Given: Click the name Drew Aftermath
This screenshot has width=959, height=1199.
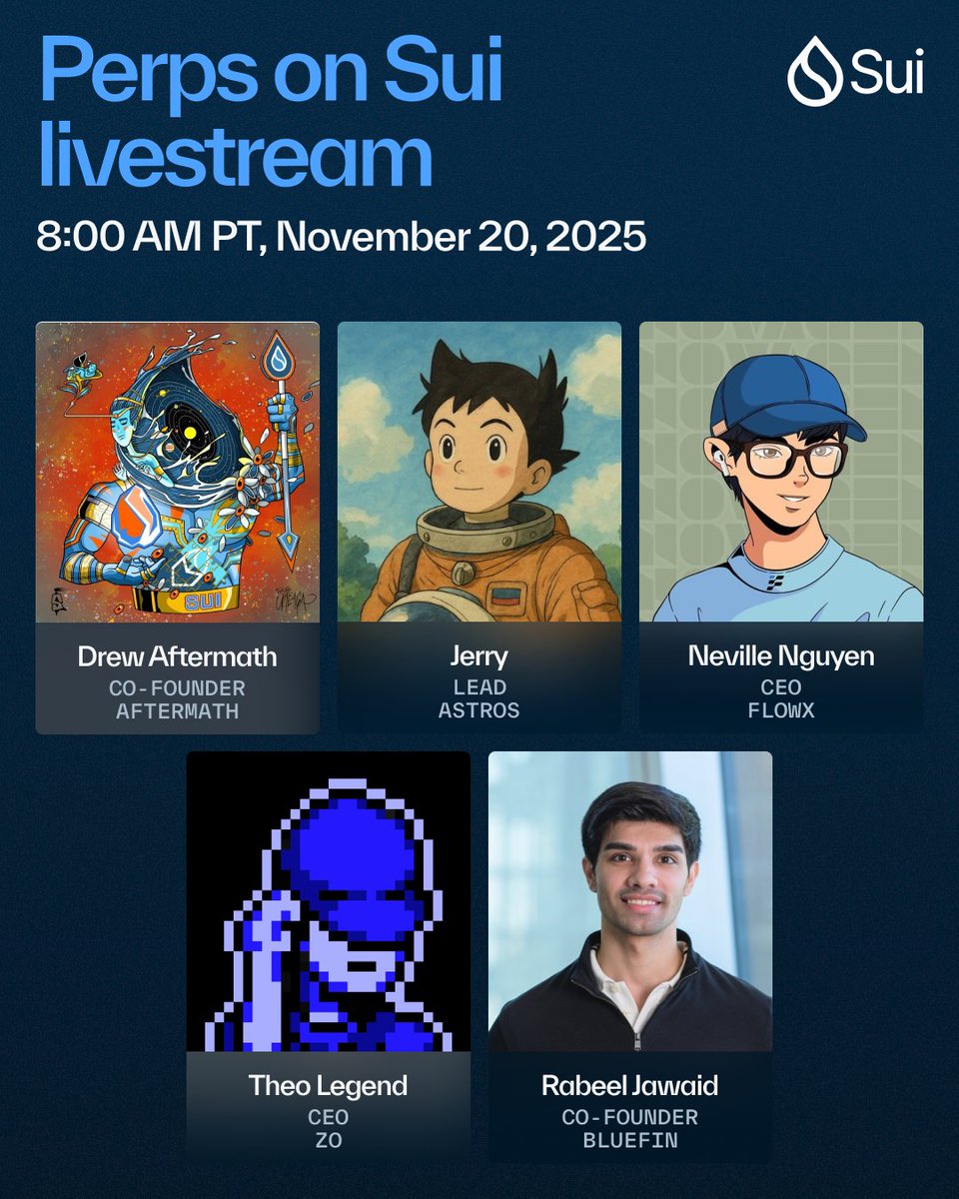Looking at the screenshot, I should [178, 656].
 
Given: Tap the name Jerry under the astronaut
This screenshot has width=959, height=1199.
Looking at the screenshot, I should [479, 656].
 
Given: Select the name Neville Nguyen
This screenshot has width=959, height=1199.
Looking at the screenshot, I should [781, 656].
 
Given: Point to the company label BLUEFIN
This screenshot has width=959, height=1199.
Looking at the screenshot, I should [630, 1139].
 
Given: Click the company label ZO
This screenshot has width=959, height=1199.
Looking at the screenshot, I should [329, 1139].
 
